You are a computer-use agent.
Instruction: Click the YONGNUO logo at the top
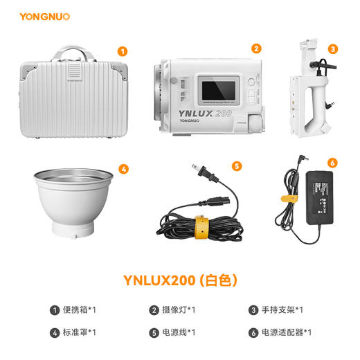point(44,15)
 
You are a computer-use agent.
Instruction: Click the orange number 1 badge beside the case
point(123,51)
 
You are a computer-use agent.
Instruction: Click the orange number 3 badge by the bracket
point(333,49)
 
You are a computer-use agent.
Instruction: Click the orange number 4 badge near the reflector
point(123,168)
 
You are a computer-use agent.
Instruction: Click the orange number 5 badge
point(237,165)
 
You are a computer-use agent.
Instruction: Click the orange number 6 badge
point(332,163)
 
